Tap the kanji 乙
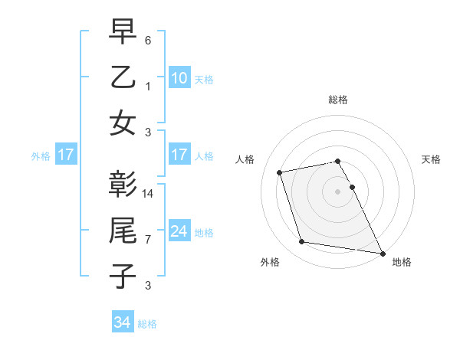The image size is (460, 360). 123,78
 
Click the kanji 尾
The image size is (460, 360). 123,231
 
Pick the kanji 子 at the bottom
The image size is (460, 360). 123,276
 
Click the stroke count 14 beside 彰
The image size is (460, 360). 149,193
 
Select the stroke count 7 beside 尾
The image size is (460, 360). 148,239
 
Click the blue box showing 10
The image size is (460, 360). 179,77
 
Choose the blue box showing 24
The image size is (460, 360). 179,231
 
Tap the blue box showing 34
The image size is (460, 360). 122,322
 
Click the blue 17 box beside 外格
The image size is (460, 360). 65,155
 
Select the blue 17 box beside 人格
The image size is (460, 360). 179,155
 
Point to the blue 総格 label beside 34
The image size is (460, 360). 147,323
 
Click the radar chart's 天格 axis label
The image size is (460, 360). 431,159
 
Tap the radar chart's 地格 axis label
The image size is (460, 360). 402,262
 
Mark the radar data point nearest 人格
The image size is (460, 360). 280,172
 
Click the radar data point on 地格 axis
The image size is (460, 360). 382,253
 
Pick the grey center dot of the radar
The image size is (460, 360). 337,191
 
